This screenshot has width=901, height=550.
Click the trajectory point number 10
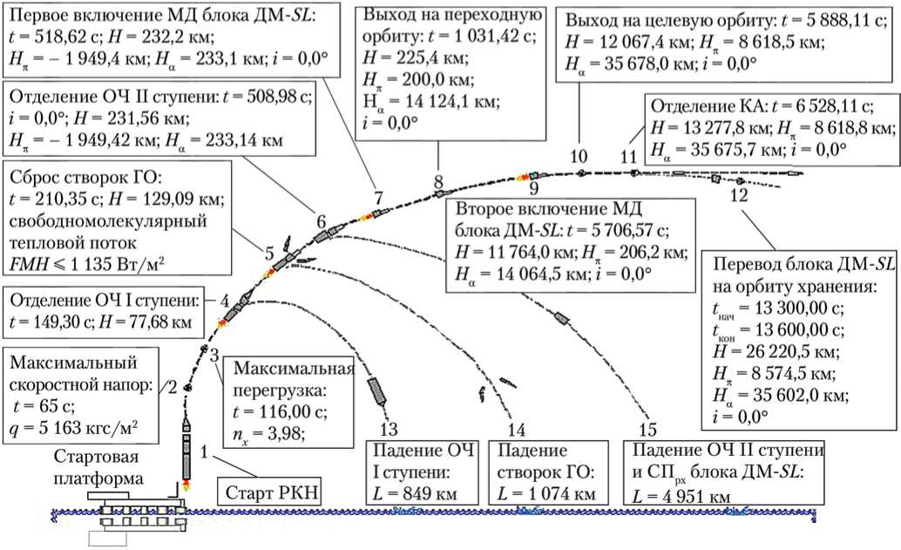pyautogui.click(x=579, y=157)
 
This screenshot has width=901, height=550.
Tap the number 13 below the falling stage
pyautogui.click(x=390, y=430)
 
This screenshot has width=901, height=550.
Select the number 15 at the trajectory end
pyautogui.click(x=647, y=430)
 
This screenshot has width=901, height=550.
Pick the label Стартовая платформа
pyautogui.click(x=96, y=468)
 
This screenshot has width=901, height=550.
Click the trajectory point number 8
pyautogui.click(x=438, y=181)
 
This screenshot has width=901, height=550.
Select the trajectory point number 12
pyautogui.click(x=739, y=196)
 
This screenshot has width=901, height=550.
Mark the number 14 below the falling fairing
pyautogui.click(x=516, y=430)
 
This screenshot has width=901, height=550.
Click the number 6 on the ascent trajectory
pyautogui.click(x=321, y=221)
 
